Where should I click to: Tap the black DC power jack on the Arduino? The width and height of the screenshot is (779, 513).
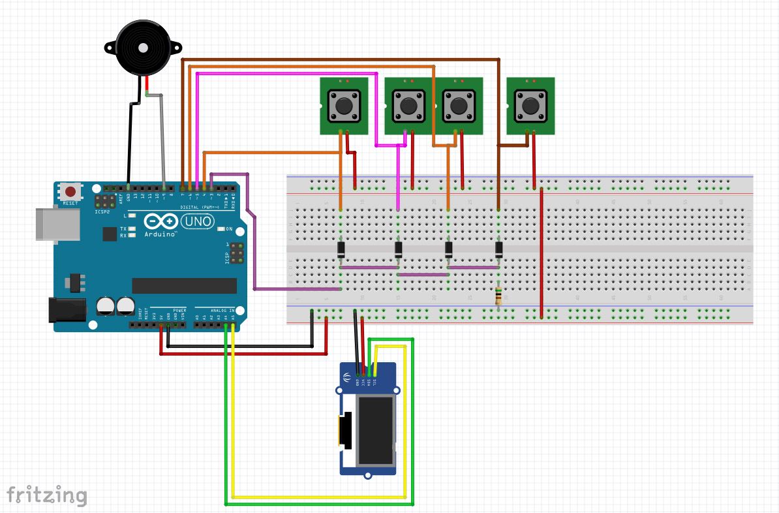(67, 309)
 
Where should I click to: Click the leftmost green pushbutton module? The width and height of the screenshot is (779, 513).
(344, 106)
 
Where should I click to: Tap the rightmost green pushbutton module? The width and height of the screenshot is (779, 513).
(530, 106)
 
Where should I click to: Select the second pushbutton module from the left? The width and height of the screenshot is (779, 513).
(408, 106)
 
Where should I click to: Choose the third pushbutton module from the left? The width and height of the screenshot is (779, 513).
(459, 106)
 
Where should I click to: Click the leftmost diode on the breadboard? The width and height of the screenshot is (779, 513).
(341, 249)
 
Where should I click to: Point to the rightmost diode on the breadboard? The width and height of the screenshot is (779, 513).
(499, 249)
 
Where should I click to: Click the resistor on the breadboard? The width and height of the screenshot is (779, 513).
(499, 296)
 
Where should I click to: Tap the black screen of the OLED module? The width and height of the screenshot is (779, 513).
(374, 431)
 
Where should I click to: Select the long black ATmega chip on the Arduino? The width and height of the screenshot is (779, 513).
(185, 286)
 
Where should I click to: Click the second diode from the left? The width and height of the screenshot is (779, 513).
(399, 249)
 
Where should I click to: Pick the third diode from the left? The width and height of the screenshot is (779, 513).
(449, 249)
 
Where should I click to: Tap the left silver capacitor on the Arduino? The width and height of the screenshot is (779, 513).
(105, 306)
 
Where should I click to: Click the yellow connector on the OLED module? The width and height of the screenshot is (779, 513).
(343, 431)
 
